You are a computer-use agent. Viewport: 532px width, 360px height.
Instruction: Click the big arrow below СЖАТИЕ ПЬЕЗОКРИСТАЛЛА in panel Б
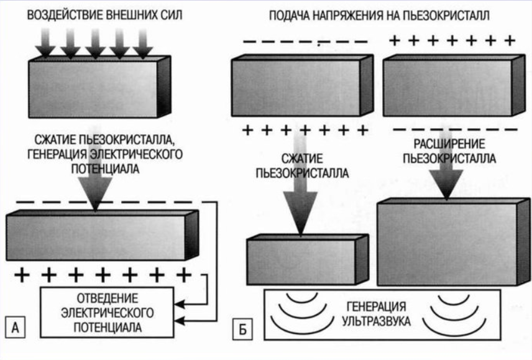coord(301,208)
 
